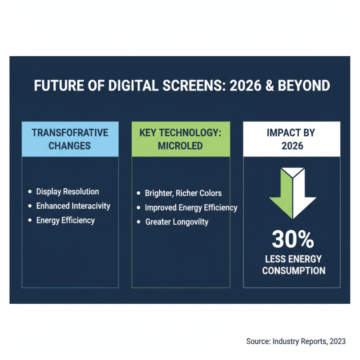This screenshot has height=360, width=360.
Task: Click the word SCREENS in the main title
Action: click(x=194, y=86)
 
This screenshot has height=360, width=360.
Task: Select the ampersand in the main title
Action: click(x=278, y=86)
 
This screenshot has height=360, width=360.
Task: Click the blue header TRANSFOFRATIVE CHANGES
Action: click(x=70, y=139)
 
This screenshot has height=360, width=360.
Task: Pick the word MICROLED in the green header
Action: click(x=180, y=146)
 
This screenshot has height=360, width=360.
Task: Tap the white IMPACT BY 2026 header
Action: click(x=292, y=139)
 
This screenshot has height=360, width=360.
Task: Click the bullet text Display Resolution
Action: click(x=67, y=192)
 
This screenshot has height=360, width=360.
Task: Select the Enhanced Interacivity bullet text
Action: click(x=73, y=206)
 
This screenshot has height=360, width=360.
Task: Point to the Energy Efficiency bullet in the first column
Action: click(x=65, y=220)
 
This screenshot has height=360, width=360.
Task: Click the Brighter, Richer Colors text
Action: click(x=183, y=193)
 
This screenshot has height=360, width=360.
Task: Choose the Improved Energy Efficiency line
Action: click(x=191, y=208)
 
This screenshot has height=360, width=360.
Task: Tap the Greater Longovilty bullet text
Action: click(x=176, y=222)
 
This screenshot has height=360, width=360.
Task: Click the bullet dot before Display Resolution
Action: click(x=30, y=192)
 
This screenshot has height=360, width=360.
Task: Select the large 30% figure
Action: click(x=293, y=240)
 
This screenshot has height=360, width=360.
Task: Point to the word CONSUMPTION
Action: click(x=293, y=271)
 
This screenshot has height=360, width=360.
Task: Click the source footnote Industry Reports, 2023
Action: click(x=296, y=342)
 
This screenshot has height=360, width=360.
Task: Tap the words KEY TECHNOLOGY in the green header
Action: click(x=180, y=133)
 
